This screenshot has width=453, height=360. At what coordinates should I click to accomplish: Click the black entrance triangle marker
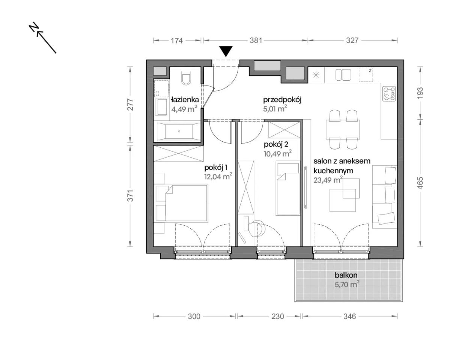click(226, 51)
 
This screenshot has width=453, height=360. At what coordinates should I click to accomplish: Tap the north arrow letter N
click(34, 27)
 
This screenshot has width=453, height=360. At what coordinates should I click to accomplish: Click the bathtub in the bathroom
click(179, 131)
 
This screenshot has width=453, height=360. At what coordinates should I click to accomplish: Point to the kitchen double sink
click(343, 75)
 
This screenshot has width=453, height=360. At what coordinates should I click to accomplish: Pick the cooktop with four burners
click(389, 94)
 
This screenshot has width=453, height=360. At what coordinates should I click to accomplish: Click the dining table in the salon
click(343, 129)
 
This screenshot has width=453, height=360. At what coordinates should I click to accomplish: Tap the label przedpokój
click(282, 100)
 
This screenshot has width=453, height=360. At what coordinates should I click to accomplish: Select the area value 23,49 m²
click(328, 180)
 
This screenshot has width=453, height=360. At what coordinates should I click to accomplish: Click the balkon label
click(346, 275)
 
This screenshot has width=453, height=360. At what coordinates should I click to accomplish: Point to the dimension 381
click(256, 40)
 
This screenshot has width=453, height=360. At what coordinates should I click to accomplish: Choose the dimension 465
click(420, 183)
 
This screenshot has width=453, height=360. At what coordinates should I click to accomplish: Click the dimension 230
click(278, 322)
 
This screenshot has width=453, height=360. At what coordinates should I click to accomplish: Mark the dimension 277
click(131, 105)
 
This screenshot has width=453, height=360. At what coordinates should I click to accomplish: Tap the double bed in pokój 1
click(187, 203)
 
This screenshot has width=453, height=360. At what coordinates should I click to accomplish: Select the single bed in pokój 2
click(288, 189)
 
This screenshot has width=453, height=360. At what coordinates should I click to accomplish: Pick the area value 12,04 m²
click(218, 176)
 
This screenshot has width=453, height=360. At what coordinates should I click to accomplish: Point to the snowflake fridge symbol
click(316, 75)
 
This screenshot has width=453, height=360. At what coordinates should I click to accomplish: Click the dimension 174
click(177, 40)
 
